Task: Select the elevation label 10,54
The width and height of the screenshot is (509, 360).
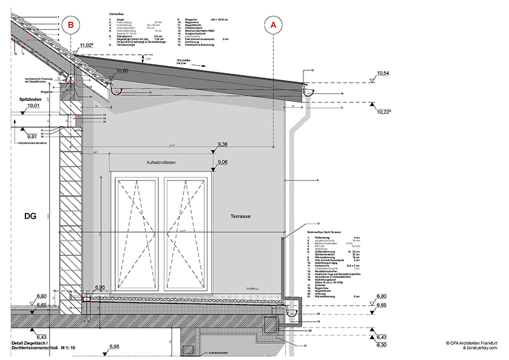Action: (383, 74)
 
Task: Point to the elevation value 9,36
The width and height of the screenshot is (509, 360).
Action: (223, 145)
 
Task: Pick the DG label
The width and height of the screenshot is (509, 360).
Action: (30, 217)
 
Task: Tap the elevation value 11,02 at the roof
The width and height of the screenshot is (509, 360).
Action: (87, 46)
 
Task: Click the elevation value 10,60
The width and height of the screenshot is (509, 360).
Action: (123, 71)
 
